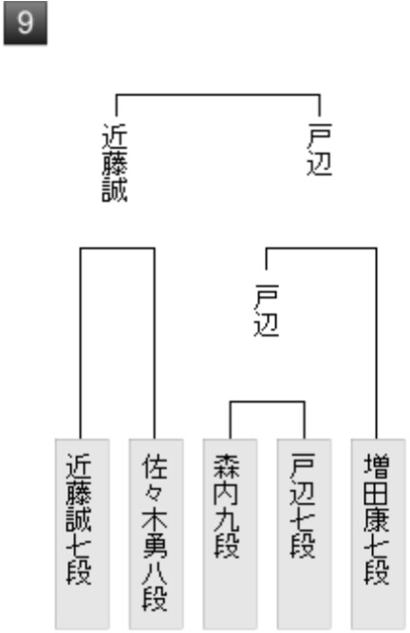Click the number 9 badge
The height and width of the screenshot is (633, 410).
click(25, 23)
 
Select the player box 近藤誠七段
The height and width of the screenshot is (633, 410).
click(82, 534)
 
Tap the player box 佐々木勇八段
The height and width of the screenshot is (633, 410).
click(156, 534)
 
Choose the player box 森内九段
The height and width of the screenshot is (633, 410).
click(230, 534)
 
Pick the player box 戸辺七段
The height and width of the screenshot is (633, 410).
click(304, 534)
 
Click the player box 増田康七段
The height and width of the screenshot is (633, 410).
click(378, 534)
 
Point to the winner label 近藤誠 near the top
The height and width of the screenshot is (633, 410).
click(115, 163)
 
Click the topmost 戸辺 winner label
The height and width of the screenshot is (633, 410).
click(320, 150)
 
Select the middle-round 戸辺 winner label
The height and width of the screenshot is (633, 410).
click(267, 310)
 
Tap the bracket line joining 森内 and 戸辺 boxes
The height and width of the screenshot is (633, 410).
click(267, 402)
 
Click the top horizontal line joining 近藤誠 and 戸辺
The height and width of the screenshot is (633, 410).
click(218, 96)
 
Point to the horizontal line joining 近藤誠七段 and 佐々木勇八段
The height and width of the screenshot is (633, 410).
click(118, 248)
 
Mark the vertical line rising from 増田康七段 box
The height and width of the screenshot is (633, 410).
click(377, 344)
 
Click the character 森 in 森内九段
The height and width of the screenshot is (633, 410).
click(227, 466)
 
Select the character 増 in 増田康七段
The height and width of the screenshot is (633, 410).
click(377, 466)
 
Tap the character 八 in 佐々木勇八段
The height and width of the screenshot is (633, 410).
click(155, 571)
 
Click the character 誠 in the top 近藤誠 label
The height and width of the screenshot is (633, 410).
click(115, 189)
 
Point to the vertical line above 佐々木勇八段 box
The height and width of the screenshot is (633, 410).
click(154, 344)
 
